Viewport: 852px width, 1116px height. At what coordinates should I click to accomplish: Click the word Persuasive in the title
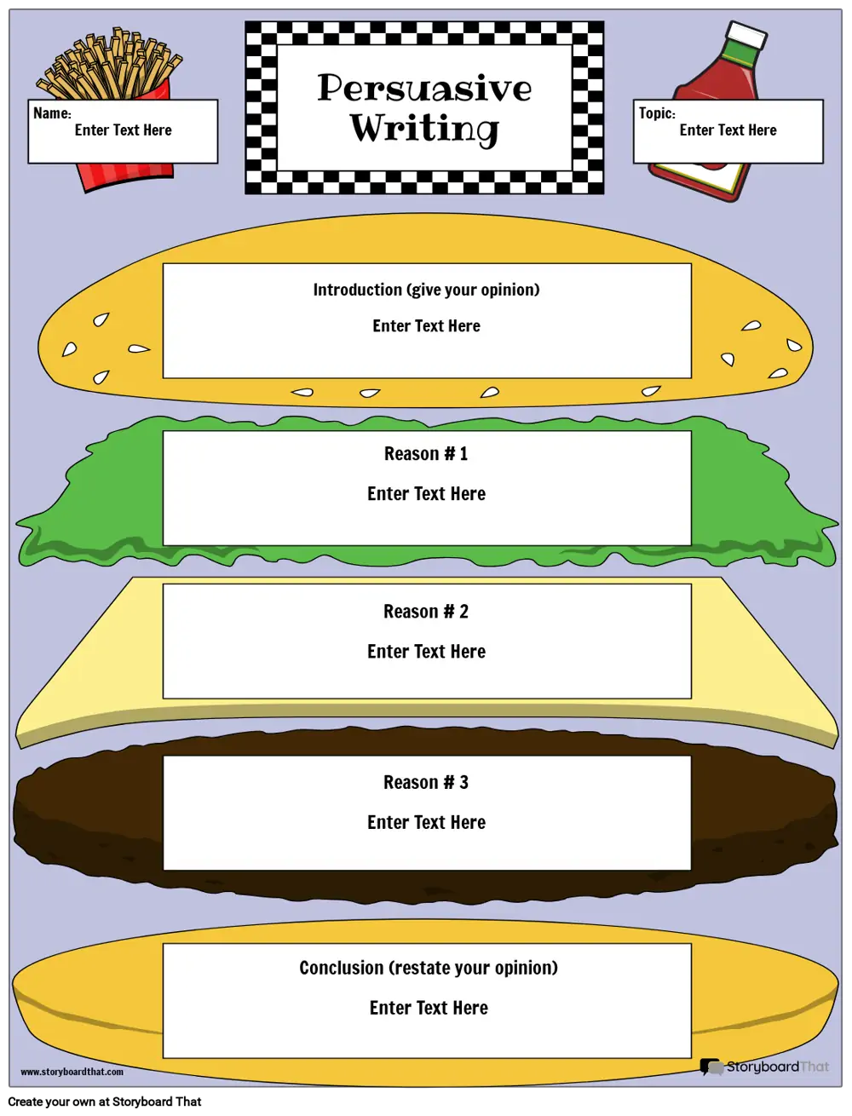point(424,88)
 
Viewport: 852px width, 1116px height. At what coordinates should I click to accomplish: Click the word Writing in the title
point(424,129)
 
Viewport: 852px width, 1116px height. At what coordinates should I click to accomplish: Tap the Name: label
point(52,112)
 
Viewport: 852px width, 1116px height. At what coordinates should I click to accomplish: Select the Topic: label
point(657,112)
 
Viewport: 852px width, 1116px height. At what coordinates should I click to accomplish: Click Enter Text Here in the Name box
point(123,130)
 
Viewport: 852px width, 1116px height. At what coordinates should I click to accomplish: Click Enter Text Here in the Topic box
point(728,130)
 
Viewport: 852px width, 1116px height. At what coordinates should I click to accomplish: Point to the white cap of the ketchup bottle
point(746,36)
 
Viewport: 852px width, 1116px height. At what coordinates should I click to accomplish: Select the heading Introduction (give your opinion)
point(426,290)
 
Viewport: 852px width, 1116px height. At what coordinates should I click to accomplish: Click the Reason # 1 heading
point(425,453)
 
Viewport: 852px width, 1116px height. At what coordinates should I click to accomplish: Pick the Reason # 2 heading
point(425,611)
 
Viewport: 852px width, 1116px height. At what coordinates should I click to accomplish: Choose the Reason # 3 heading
point(425,782)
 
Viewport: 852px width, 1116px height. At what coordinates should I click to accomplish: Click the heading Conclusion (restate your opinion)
point(428,968)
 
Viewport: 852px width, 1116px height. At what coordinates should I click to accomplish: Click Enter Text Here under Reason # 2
point(426,652)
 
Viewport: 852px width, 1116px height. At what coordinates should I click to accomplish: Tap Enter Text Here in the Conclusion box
point(429,1008)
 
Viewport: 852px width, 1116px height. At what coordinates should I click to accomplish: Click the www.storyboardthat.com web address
point(72,1072)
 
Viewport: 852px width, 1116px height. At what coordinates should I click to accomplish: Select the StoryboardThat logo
point(764,1067)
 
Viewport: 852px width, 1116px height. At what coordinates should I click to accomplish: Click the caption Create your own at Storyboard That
point(104,1102)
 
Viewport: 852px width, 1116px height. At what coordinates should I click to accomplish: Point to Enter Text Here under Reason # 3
point(426,822)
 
